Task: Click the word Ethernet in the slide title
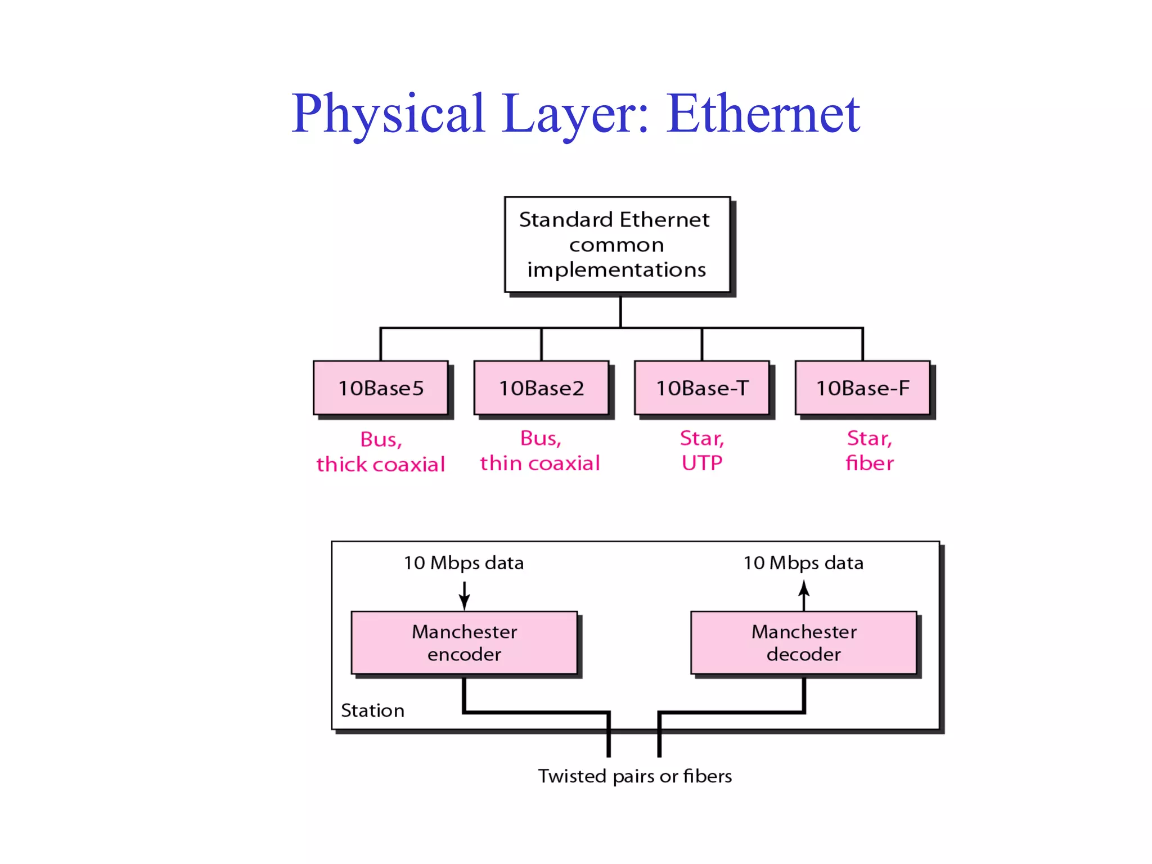[x=763, y=114]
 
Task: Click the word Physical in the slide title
[x=388, y=114]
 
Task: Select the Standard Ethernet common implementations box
[x=617, y=245]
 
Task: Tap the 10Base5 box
[x=381, y=388]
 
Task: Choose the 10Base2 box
[x=541, y=388]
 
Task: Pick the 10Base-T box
[x=702, y=388]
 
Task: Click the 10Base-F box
[x=862, y=388]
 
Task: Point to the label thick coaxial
[x=381, y=465]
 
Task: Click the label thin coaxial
[x=540, y=463]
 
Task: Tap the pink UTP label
[x=702, y=463]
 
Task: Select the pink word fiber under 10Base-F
[x=870, y=463]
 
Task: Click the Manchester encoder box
[x=464, y=642]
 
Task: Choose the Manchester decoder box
[x=804, y=642]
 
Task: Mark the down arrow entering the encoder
[x=465, y=596]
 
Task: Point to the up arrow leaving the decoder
[x=804, y=595]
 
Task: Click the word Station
[x=372, y=710]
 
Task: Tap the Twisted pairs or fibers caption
[x=634, y=776]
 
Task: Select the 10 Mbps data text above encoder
[x=463, y=563]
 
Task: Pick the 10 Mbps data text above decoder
[x=803, y=563]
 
